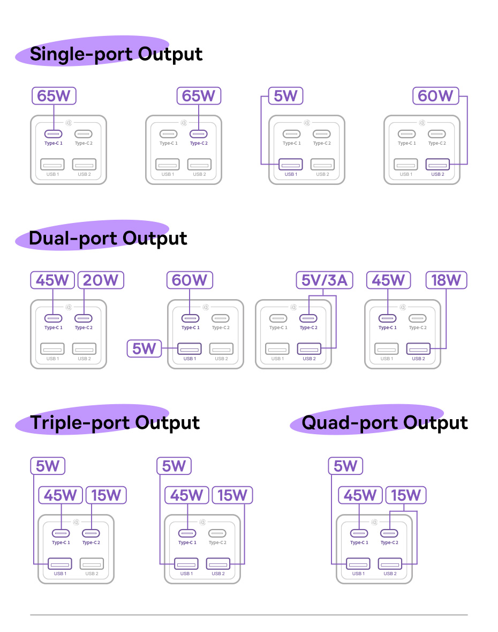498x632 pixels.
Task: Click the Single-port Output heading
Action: pos(116,54)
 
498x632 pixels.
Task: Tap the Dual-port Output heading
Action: pos(108,239)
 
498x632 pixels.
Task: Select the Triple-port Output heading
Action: pos(115,423)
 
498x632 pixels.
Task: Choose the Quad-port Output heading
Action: pos(384,423)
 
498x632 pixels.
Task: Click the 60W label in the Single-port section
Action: pos(435,96)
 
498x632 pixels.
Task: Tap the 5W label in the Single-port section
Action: pos(285,96)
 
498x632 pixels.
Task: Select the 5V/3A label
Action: pos(324,280)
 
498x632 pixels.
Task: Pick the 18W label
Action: pos(446,280)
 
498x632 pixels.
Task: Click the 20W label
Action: pos(101,280)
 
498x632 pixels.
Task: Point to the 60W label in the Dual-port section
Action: pos(190,280)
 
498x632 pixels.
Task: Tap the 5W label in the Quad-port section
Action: pos(345,466)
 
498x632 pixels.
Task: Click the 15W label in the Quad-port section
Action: pos(405,495)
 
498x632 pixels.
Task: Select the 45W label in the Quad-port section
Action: pos(360,495)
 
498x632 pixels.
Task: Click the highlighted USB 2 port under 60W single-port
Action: pos(437,165)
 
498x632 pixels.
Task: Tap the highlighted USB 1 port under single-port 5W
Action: pos(291,165)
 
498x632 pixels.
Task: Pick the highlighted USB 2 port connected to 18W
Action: pos(418,349)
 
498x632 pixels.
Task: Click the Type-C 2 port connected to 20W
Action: pos(83,318)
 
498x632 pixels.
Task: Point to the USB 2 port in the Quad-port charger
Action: pos(390,564)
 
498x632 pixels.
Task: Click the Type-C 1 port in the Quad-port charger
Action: pos(359,533)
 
